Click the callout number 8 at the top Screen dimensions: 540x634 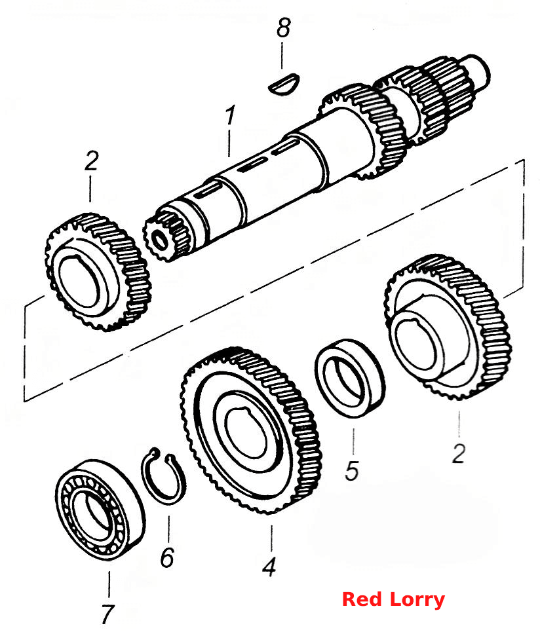pos(284,28)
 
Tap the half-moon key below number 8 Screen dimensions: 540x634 pos(284,83)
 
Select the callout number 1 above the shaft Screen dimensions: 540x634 pos(230,115)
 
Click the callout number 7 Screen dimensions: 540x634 pos(107,614)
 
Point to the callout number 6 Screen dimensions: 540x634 pos(167,557)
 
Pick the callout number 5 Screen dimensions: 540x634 pos(352,470)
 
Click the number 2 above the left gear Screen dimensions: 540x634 pos(91,160)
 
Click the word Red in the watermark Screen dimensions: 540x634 pos(360,599)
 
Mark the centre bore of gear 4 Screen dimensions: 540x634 pos(246,433)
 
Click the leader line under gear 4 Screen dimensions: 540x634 pos(271,538)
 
